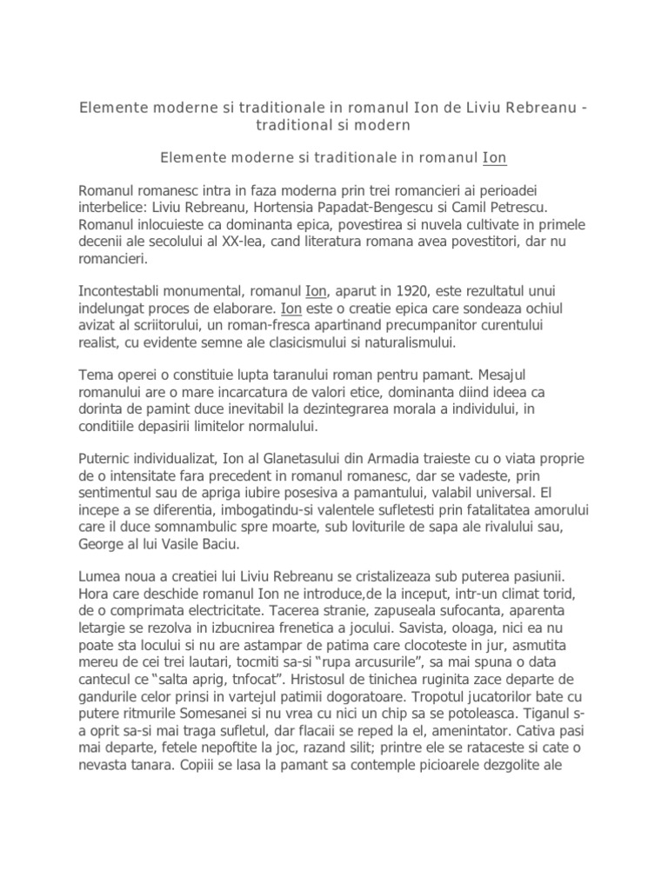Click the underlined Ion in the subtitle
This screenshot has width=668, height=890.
[x=494, y=158]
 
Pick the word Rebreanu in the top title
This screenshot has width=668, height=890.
[x=537, y=108]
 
